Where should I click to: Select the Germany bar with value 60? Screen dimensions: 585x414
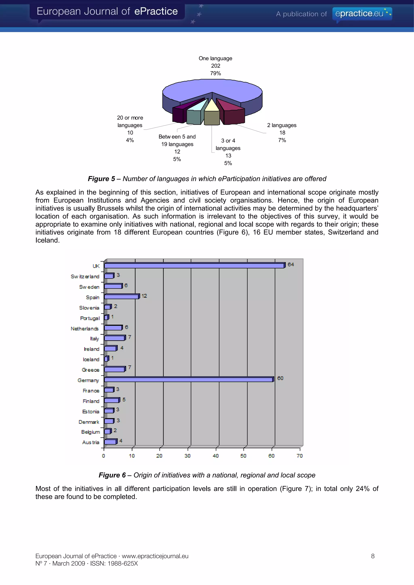coord(189,380)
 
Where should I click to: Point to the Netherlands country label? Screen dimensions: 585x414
coord(84,329)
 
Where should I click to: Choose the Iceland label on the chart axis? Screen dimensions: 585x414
coord(91,359)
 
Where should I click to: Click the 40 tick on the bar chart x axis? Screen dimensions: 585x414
coord(215,456)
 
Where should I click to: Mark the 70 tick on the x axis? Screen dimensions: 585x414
coord(299,456)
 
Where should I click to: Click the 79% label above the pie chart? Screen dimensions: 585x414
coord(215,73)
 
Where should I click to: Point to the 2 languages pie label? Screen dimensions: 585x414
coord(282,125)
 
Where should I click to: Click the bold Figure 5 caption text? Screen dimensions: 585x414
coord(101,179)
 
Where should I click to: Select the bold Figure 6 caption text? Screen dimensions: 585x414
coord(112,475)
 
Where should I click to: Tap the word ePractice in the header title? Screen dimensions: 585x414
coord(156,12)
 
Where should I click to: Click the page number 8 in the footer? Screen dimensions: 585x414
coord(373,556)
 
